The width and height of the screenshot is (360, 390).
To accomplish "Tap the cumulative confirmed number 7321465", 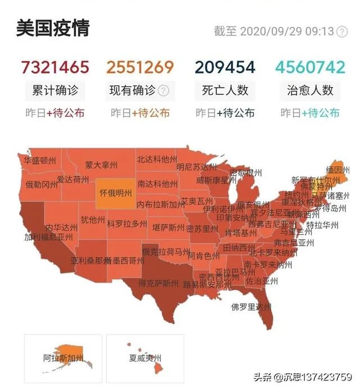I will point(55,67).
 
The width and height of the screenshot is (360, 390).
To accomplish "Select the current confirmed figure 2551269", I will point(141,67).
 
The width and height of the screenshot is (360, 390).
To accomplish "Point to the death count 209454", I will point(225,67).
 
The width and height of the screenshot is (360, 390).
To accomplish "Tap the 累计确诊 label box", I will point(55,90).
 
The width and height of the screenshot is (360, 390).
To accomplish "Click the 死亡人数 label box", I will point(225,90).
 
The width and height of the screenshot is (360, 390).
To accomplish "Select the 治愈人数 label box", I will point(310,90).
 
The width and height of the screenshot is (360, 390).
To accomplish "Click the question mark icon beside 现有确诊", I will point(164,90).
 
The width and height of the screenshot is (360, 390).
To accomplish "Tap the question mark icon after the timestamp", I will point(341,31).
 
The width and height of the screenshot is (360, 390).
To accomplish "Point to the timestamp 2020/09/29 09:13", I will point(287,31).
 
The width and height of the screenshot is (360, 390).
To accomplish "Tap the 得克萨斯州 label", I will point(159,283).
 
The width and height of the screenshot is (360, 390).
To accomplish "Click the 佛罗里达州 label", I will point(251,307).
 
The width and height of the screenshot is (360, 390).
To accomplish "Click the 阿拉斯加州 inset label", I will point(63,357).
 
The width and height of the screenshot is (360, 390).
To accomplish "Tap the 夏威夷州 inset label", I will point(145,357).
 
